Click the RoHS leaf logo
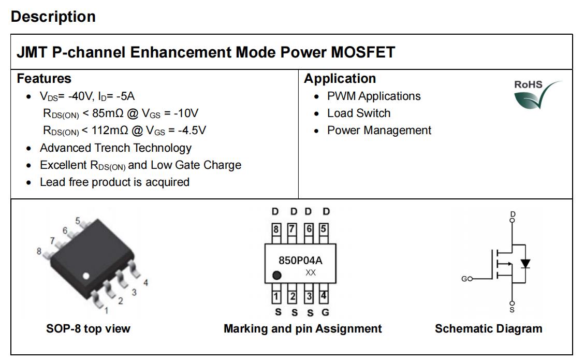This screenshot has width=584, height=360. pyautogui.click(x=537, y=95)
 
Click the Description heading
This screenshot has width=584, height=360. pyautogui.click(x=53, y=17)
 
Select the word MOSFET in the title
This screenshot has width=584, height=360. pyautogui.click(x=363, y=52)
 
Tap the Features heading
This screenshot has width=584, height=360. pyautogui.click(x=44, y=79)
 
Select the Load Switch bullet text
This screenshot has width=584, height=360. pyautogui.click(x=359, y=113)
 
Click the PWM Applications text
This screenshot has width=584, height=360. pyautogui.click(x=374, y=96)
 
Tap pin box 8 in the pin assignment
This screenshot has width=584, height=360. pyautogui.click(x=275, y=229)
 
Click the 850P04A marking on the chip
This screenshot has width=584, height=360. pyautogui.click(x=301, y=260)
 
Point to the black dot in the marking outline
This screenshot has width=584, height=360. pyautogui.click(x=277, y=276)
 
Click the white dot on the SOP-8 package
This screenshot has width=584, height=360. pyautogui.click(x=85, y=276)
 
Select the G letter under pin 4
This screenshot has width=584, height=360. pyautogui.click(x=325, y=312)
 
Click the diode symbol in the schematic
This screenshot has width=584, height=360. pyautogui.click(x=525, y=264)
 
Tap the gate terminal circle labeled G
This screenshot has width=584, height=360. pyautogui.click(x=470, y=279)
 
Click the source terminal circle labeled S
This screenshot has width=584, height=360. pyautogui.click(x=512, y=304)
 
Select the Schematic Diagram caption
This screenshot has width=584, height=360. pyautogui.click(x=488, y=329)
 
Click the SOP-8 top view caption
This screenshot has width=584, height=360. pyautogui.click(x=88, y=329)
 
